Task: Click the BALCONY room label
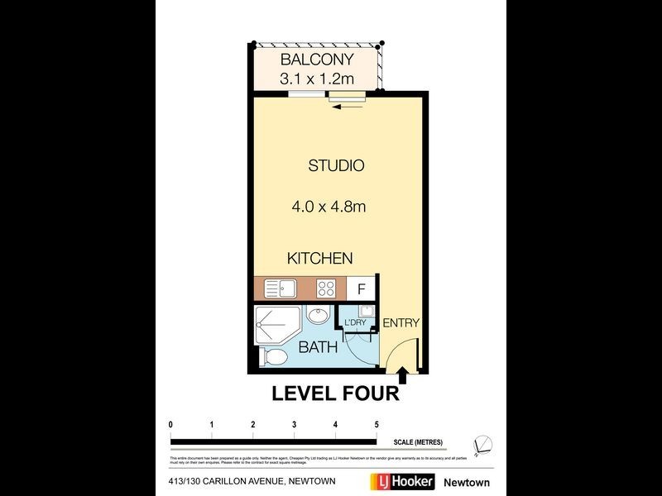[317, 60]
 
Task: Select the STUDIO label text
[336, 165]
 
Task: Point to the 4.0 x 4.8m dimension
[329, 207]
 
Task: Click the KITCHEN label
[319, 259]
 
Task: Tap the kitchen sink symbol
[281, 289]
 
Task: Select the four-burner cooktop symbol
[326, 289]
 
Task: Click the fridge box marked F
[361, 289]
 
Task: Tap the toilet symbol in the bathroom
[274, 357]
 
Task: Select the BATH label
[318, 347]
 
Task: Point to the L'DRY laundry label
[355, 322]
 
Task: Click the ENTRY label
[401, 323]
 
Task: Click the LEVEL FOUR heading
[335, 394]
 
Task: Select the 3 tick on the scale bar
[294, 424]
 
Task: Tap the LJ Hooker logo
[400, 482]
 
